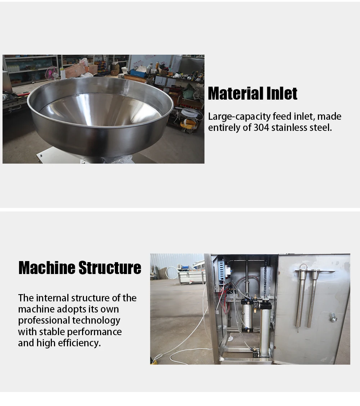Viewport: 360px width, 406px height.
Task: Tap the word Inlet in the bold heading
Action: tap(282, 93)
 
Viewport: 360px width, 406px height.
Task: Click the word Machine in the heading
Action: tap(47, 268)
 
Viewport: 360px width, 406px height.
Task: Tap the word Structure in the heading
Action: tap(110, 268)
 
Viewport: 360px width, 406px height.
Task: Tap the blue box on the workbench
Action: tap(139, 73)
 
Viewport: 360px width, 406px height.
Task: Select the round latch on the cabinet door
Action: tap(333, 318)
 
